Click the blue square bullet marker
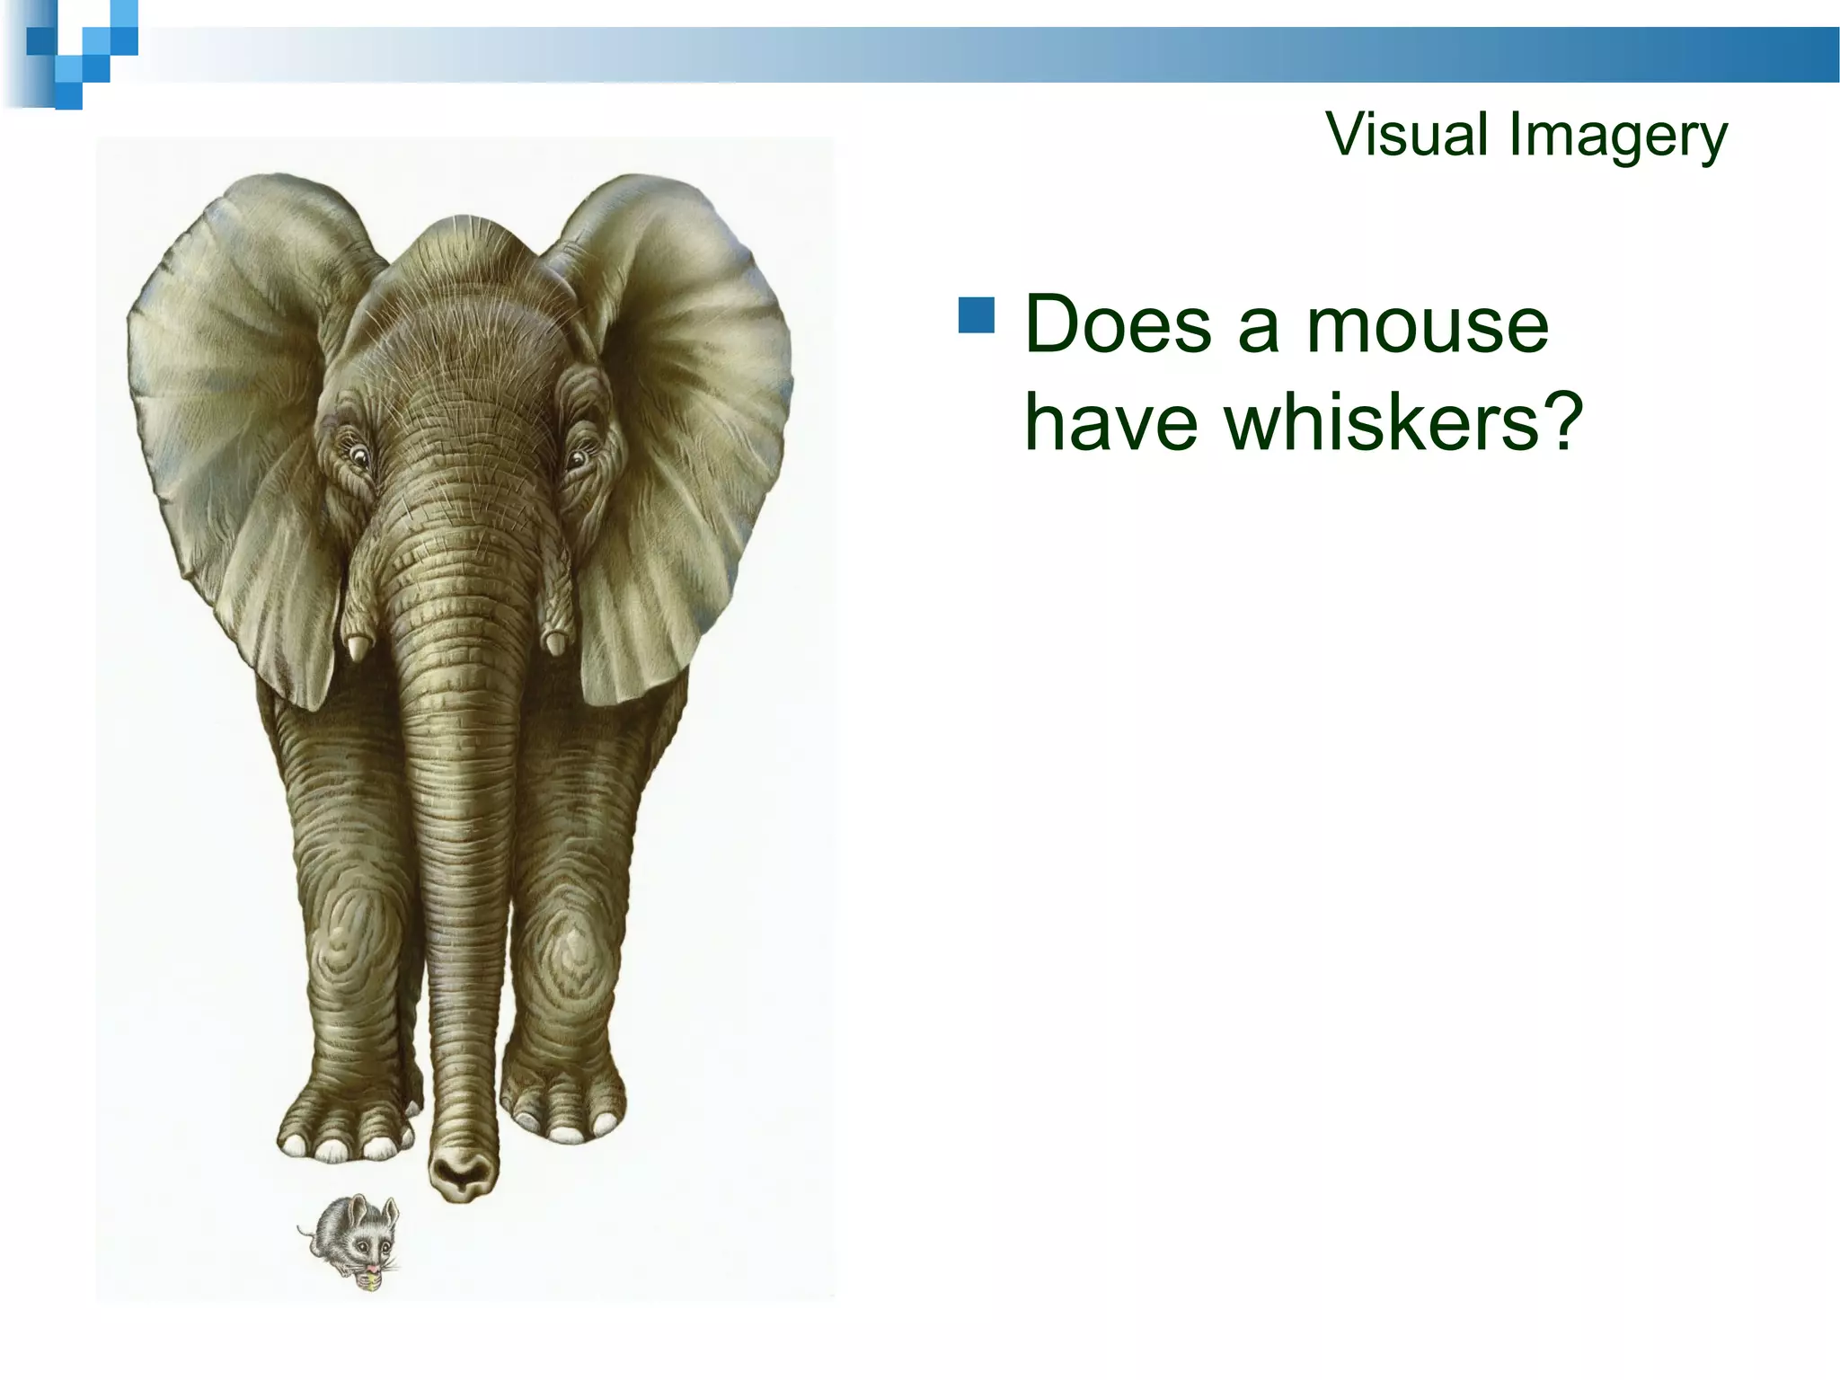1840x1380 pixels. [976, 315]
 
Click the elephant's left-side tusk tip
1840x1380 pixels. [358, 649]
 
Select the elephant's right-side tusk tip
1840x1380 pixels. [556, 643]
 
